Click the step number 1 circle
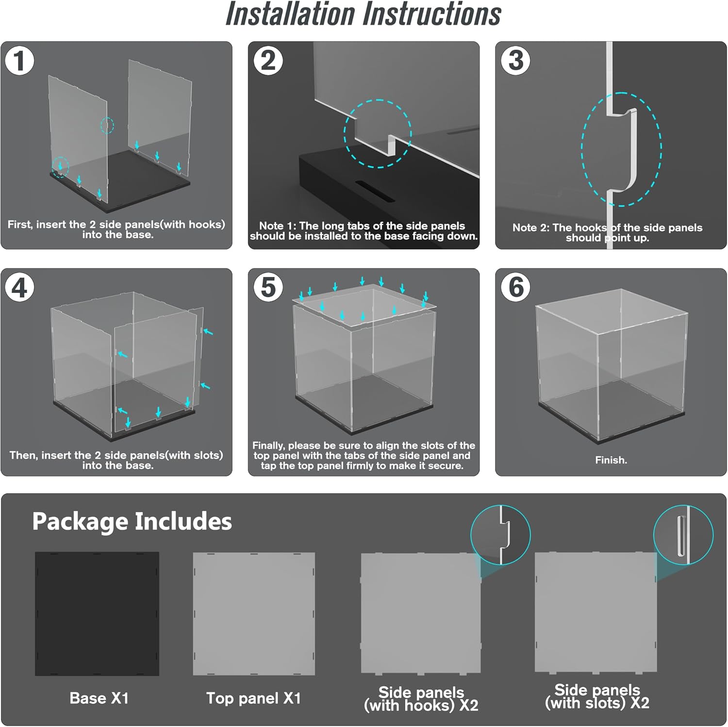pyautogui.click(x=19, y=61)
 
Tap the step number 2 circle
pyautogui.click(x=268, y=61)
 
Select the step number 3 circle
pyautogui.click(x=515, y=61)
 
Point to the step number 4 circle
pyautogui.click(x=19, y=287)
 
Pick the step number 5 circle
pyautogui.click(x=268, y=287)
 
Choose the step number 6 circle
pyautogui.click(x=515, y=287)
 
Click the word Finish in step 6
pyautogui.click(x=610, y=460)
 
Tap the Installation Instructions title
pyautogui.click(x=364, y=14)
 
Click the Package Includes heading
pyautogui.click(x=132, y=522)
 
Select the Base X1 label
pyautogui.click(x=99, y=698)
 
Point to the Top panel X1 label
pyautogui.click(x=253, y=698)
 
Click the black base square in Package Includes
pyautogui.click(x=97, y=614)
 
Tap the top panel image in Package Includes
pyautogui.click(x=254, y=614)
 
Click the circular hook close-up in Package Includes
pyautogui.click(x=500, y=535)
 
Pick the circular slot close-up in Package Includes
pyautogui.click(x=683, y=535)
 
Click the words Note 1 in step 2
pyautogui.click(x=277, y=226)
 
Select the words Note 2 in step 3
pyautogui.click(x=530, y=228)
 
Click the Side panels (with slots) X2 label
pyautogui.click(x=597, y=696)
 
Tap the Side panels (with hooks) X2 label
pyautogui.click(x=421, y=698)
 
